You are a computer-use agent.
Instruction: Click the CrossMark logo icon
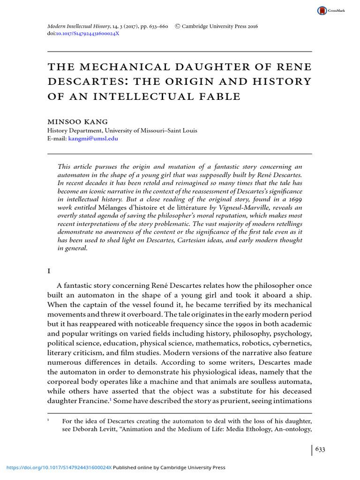[x=322, y=10]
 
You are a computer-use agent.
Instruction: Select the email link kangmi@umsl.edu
[x=93, y=139]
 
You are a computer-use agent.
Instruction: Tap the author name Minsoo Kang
[x=78, y=121]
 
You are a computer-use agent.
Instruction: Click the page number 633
[x=320, y=449]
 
